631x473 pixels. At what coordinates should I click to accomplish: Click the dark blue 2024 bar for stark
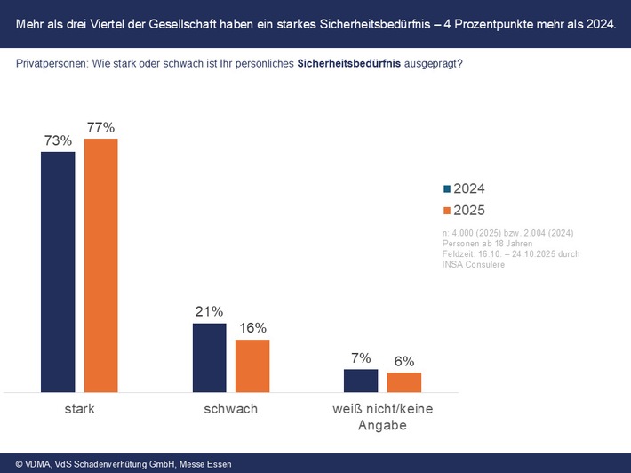59,271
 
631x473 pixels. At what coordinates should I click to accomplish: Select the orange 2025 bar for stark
101,265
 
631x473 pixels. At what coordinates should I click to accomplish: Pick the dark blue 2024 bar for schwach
210,357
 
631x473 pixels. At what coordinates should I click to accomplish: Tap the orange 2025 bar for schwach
252,365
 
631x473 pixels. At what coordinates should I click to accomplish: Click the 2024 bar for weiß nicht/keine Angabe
361,381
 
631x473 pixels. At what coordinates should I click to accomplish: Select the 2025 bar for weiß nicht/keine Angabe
403,382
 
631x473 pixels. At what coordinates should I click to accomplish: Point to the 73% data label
59,140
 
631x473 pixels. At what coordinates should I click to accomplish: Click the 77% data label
100,127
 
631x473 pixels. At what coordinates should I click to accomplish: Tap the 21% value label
210,312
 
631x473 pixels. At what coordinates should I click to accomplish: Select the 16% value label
252,328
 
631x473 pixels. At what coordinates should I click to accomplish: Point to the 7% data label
361,357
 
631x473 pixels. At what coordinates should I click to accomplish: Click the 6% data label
403,361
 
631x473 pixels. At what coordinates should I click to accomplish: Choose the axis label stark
80,409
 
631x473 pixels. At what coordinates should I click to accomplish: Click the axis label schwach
230,409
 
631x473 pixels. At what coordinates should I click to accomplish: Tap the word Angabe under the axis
382,426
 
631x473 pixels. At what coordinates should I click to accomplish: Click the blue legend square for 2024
447,189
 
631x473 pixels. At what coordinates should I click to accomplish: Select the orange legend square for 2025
447,211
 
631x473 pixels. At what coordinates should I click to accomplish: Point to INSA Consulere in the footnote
473,265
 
